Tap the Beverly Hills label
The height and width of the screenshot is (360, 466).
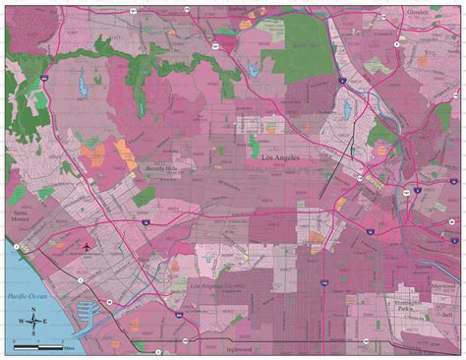coord(163,169)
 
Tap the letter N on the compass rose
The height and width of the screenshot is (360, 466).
coord(34,312)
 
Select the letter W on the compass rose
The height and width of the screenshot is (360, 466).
coord(22,324)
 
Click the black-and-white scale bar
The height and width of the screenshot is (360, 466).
coord(37,346)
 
